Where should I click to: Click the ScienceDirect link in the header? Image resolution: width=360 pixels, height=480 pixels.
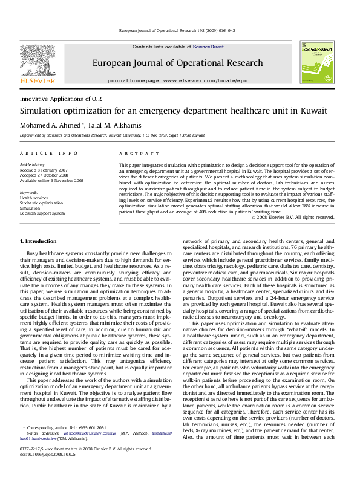209,47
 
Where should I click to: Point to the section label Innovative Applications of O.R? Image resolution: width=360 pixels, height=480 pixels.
61,98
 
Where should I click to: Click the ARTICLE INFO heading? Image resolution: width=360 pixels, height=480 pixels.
49,154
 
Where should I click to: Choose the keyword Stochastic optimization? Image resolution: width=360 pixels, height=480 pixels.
41,203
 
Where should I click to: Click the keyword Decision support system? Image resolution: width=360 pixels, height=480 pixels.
42,213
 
